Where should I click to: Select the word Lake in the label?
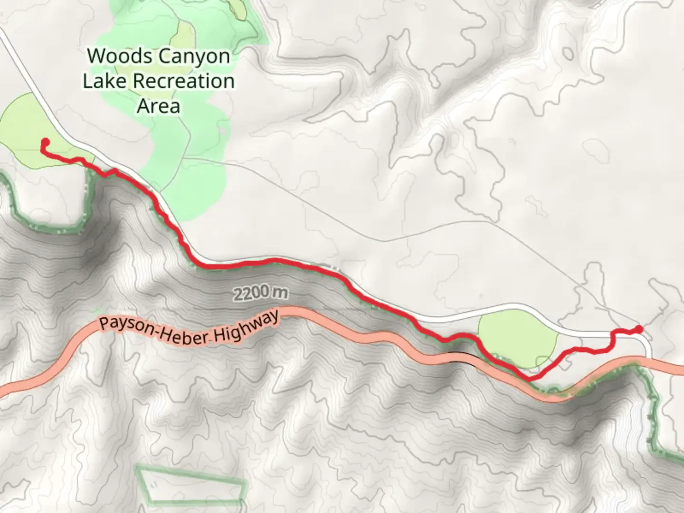coord(105,81)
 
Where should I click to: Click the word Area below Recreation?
coord(159,106)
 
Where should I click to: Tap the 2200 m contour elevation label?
coord(260,294)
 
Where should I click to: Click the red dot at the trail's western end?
coord(46,142)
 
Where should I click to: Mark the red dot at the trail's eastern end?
coord(639,329)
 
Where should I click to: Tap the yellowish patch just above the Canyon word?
coord(186,36)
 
